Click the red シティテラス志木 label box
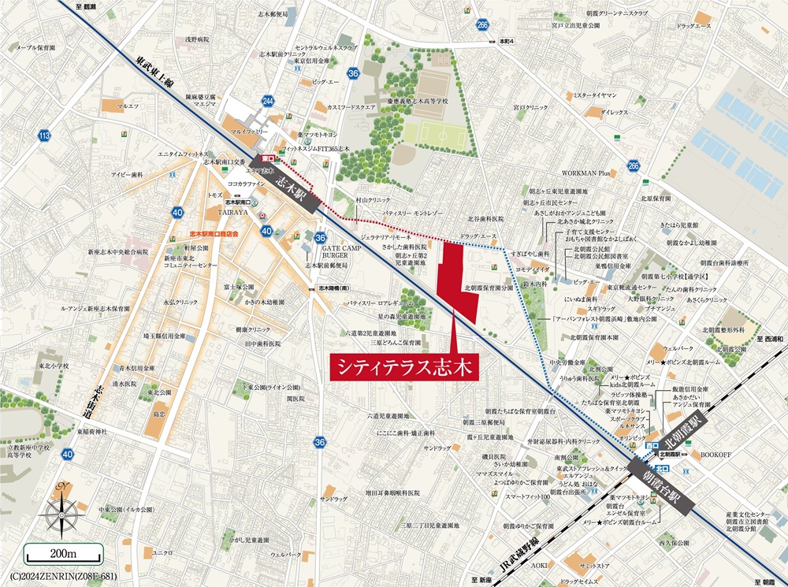(399, 366)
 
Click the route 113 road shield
(44, 136)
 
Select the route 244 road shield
(269, 102)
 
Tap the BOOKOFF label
(716, 455)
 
